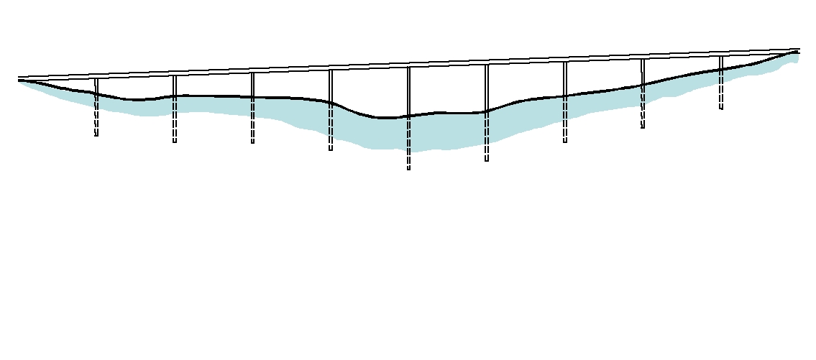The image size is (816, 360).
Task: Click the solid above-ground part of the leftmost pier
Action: tap(96, 86)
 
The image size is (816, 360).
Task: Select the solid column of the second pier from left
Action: tap(174, 86)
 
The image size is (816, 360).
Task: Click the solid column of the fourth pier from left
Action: tap(331, 86)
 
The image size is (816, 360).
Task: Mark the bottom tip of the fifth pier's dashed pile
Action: tap(408, 169)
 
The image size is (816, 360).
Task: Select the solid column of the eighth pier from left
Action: tap(643, 71)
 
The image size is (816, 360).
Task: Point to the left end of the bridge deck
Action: tap(19, 78)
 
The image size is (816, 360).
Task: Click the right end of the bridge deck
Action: tap(799, 50)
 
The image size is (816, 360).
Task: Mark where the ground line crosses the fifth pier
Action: tap(408, 116)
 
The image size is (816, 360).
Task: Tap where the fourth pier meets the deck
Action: tap(331, 70)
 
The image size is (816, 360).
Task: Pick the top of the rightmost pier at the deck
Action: tap(721, 56)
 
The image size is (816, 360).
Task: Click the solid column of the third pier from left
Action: tap(252, 84)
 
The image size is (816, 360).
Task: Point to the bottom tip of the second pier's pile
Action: tap(175, 142)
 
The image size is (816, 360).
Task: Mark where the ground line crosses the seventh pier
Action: tap(565, 96)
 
